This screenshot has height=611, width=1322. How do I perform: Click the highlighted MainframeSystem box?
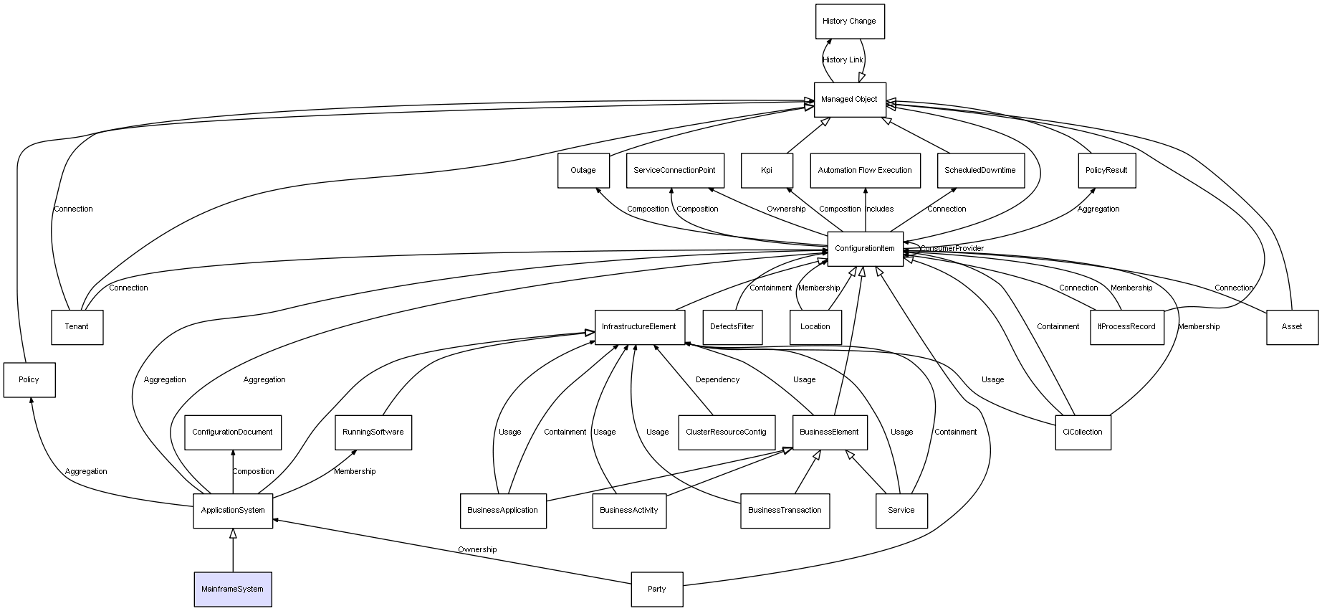point(233,589)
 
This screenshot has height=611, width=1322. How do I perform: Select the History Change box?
point(850,22)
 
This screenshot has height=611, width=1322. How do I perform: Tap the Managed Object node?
point(850,100)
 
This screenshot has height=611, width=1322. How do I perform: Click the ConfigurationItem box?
point(865,249)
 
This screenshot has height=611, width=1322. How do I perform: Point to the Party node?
point(657,589)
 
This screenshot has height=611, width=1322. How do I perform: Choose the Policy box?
point(29,379)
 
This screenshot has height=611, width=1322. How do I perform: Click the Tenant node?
point(77,327)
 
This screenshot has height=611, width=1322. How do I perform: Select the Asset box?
point(1292,327)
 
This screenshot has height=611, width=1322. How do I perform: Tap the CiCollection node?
point(1083,432)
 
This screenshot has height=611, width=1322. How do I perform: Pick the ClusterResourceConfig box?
point(726,432)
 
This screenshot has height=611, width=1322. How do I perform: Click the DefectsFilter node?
point(732,327)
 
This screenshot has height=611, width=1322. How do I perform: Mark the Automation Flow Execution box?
point(865,171)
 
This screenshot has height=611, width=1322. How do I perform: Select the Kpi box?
point(767,171)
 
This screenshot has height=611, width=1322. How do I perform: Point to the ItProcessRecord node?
point(1126,327)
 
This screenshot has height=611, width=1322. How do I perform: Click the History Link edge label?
point(843,60)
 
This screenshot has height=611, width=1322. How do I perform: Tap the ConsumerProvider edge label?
point(952,249)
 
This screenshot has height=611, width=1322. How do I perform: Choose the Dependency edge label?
point(717,379)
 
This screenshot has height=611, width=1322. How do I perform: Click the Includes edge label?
point(880,209)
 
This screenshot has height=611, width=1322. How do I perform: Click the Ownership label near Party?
point(477,549)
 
